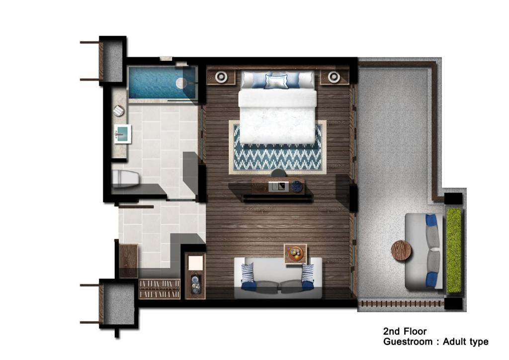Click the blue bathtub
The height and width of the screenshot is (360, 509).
pos(163,83)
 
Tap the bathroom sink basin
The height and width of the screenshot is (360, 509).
pos(123,134)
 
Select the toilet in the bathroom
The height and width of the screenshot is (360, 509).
pos(125,178)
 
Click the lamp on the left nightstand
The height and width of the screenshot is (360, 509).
pos(221,77)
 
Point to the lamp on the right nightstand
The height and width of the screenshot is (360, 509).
pos(334,77)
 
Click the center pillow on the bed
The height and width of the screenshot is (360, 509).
pos(276,81)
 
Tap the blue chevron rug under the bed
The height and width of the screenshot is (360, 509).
pos(277,147)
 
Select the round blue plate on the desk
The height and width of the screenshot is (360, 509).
pos(296,186)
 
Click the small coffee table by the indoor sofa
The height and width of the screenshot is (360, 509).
pos(295,254)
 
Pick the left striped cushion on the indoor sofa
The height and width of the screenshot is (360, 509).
pos(248,272)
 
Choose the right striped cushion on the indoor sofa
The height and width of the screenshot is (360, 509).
pos(308,272)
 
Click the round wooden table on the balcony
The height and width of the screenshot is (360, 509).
pos(401,251)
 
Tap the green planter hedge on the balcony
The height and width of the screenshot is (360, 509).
pos(454,250)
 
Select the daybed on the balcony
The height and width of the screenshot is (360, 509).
pos(424,251)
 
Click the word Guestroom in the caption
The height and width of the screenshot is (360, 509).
pos(408,342)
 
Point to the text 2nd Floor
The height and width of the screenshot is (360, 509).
pos(405,332)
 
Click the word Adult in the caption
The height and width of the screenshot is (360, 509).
pos(454,342)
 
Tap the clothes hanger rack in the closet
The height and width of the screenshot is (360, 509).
pos(159,289)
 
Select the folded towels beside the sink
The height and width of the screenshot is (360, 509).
pos(119,110)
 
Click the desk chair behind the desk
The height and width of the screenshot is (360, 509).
pos(278,173)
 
